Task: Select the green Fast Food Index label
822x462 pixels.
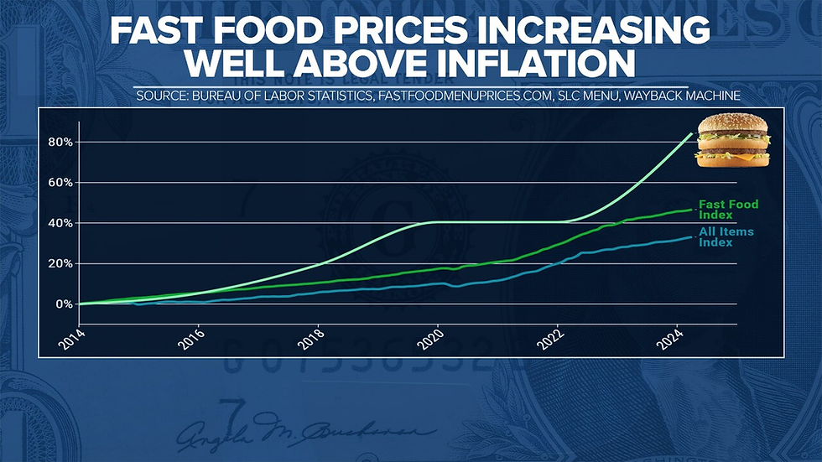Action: coord(728,210)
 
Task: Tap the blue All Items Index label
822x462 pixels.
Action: coord(726,236)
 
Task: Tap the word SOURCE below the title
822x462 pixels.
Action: coord(161,96)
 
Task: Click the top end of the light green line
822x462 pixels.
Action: coord(691,134)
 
